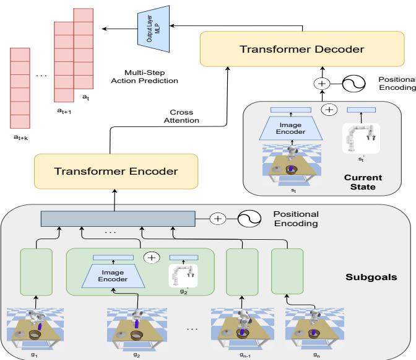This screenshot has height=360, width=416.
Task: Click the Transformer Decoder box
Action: pos(302,50)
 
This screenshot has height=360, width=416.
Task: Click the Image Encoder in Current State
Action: pos(290,128)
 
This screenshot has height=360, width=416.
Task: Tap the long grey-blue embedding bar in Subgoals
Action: pos(118,218)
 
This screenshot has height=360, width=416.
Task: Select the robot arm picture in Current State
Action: pos(360,137)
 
